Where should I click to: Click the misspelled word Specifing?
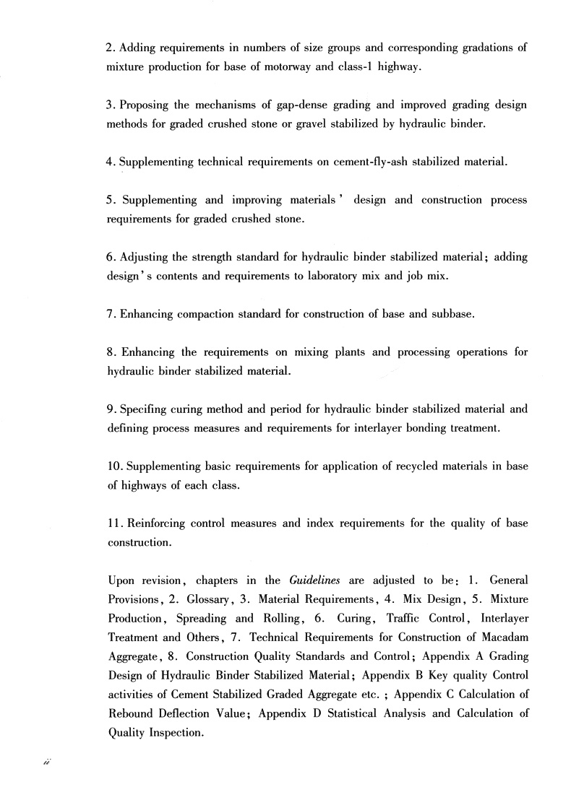pyautogui.click(x=140, y=409)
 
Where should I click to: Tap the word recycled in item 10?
pyautogui.click(x=421, y=466)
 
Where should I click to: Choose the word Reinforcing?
pyautogui.click(x=157, y=523)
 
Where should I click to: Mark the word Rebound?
pyautogui.click(x=129, y=713)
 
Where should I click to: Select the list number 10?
pyautogui.click(x=116, y=466)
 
